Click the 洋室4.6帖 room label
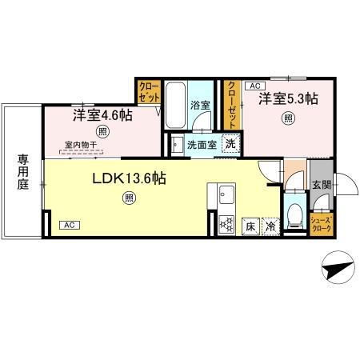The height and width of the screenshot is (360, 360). click(x=103, y=114)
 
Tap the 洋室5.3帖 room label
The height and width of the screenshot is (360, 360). click(x=288, y=100)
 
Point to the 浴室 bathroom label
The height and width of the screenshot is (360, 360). click(x=200, y=105)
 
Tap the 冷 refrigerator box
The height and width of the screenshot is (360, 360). click(x=271, y=226)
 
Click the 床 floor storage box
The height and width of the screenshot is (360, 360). click(x=250, y=226)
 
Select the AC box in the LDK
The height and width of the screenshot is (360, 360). click(x=70, y=226)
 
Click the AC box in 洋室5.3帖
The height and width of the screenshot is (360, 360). click(x=255, y=84)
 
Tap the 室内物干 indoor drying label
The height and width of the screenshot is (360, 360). click(x=81, y=145)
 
